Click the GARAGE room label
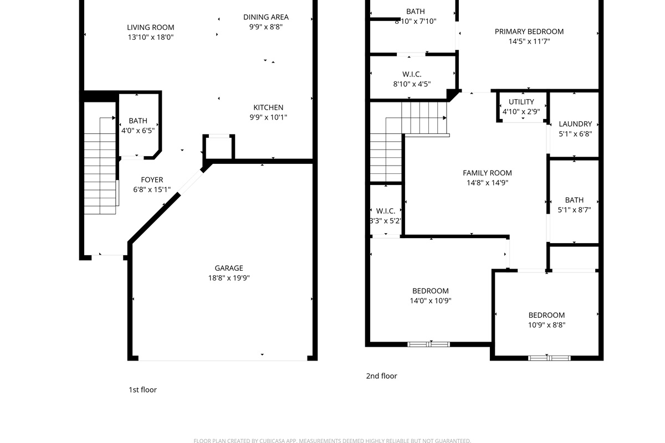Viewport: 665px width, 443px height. tap(228, 268)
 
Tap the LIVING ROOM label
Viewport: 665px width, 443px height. tap(151, 27)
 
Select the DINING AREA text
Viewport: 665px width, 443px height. tap(265, 17)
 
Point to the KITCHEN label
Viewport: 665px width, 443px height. tap(268, 107)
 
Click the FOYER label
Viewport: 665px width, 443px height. tap(152, 180)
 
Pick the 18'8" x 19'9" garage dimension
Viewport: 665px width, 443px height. tap(228, 278)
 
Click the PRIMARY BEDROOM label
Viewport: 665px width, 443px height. tap(529, 32)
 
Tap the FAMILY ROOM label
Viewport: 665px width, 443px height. tap(487, 173)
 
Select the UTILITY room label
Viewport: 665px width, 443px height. tap(521, 102)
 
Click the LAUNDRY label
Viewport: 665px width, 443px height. tap(575, 123)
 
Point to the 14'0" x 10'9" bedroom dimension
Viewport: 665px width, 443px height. tap(431, 301)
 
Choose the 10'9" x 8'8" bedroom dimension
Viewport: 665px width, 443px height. tap(546, 325)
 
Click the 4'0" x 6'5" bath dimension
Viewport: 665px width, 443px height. tap(138, 131)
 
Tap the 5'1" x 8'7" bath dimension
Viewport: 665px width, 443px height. tap(574, 210)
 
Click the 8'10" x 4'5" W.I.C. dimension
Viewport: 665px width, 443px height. tap(412, 84)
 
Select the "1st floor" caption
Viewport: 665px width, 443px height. tap(142, 390)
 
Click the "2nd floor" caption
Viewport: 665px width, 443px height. tap(381, 376)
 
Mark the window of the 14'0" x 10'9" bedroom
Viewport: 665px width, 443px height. tap(428, 344)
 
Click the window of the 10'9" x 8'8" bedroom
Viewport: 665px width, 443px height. tap(549, 358)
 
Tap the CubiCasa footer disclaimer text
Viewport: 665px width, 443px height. tap(332, 441)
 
